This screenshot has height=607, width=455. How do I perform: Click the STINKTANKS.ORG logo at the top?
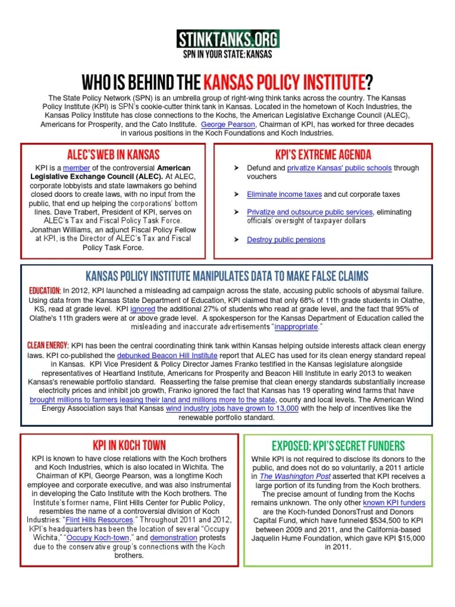(228, 39)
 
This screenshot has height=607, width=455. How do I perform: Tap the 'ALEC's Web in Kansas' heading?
(118, 155)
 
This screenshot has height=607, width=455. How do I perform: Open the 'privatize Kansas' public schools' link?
(339, 168)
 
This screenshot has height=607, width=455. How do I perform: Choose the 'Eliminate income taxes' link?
(284, 194)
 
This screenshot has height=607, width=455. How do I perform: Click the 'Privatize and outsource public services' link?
(310, 212)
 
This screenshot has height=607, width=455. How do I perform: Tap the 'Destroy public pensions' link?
(286, 239)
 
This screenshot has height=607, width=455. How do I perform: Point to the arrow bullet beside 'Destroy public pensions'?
(236, 239)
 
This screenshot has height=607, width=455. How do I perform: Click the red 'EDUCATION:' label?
(44, 290)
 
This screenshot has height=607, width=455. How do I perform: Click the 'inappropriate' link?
(296, 327)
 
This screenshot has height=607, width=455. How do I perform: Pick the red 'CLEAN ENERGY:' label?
(48, 345)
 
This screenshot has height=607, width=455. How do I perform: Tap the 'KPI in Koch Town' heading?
(129, 445)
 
